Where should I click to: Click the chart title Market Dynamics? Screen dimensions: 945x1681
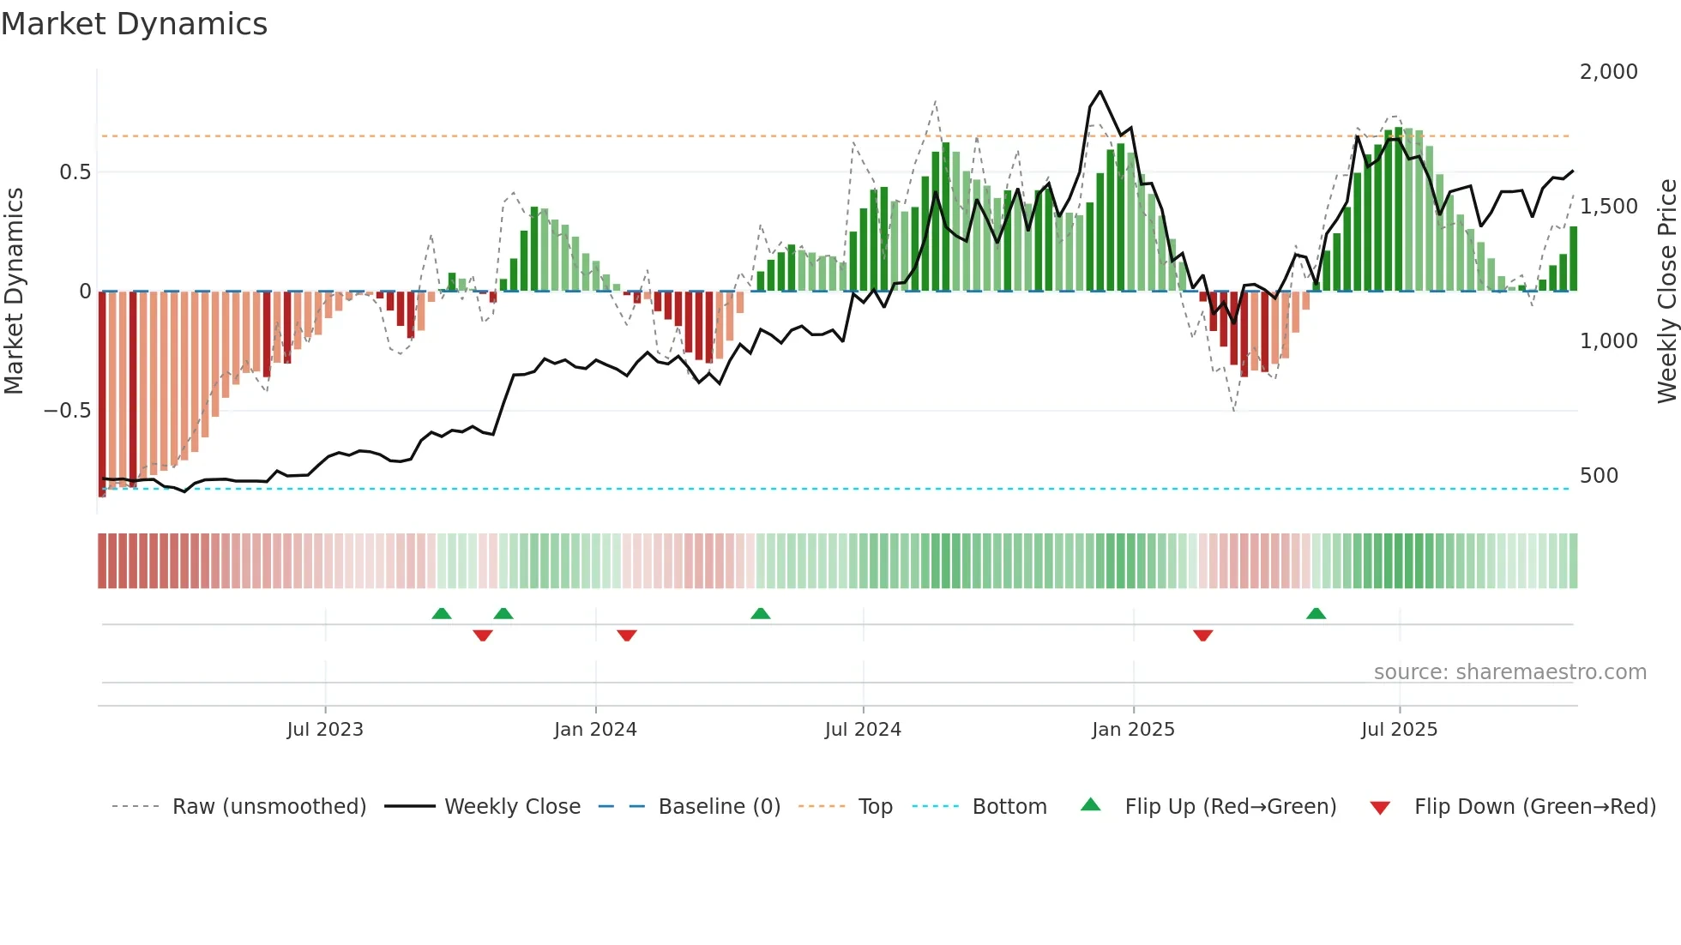(x=135, y=24)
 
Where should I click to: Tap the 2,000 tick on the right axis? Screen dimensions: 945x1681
(x=1608, y=72)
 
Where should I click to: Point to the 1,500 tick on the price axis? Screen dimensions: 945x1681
(x=1608, y=207)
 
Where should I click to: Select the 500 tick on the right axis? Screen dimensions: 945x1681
(x=1599, y=476)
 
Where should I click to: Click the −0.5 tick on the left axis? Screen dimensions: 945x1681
(x=67, y=411)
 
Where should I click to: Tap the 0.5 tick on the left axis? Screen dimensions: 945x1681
(x=75, y=172)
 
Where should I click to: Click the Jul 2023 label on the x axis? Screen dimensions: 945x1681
(x=325, y=730)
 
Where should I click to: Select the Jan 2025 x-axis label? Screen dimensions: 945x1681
(x=1133, y=730)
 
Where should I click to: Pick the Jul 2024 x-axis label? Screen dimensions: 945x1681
(x=863, y=730)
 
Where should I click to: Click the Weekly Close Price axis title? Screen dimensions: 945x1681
(x=1666, y=291)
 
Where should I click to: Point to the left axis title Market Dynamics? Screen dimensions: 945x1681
(x=14, y=291)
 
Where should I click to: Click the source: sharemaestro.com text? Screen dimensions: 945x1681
(x=1509, y=672)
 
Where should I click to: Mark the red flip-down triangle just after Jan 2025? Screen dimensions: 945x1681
(x=1202, y=635)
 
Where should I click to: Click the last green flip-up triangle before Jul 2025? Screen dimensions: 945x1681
(x=1316, y=613)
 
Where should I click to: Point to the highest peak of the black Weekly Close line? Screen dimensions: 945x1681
(x=1100, y=92)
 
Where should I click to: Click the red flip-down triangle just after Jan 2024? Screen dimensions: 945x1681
(x=627, y=635)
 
